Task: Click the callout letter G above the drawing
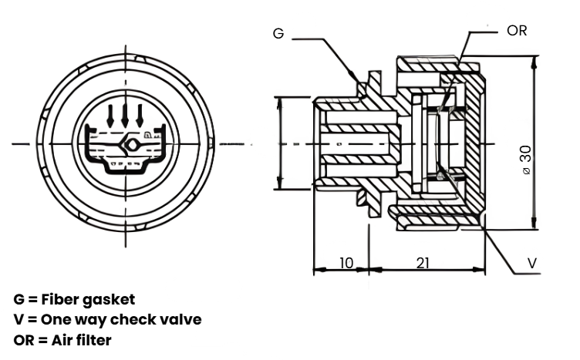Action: point(278,34)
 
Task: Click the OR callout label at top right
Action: point(517,31)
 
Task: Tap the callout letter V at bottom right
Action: point(532,263)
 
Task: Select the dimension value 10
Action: point(346,263)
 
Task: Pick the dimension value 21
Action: point(423,263)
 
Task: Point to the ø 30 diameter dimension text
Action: point(526,160)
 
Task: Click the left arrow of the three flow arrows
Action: point(110,116)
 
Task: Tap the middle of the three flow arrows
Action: point(125,116)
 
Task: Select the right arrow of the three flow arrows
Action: point(140,116)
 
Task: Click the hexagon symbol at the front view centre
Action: point(131,145)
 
